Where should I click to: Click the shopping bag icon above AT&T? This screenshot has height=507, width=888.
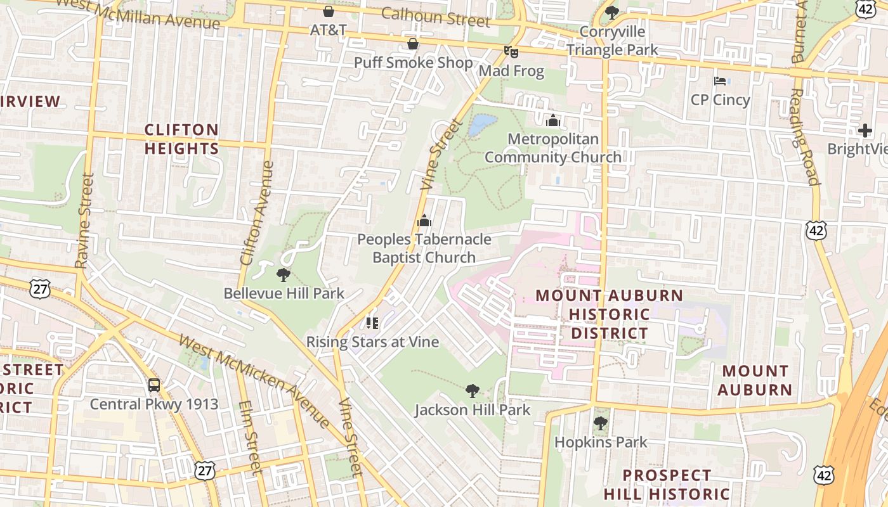329,11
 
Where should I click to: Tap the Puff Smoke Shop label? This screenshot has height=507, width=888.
413,63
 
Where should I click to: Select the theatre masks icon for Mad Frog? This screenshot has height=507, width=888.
511,51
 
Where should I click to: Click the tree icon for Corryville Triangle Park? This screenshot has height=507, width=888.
612,12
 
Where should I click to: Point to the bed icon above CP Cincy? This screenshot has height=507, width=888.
720,80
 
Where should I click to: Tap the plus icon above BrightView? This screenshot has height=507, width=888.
865,131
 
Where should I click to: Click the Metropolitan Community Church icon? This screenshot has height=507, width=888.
553,120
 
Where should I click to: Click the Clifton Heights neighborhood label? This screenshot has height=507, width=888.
181,139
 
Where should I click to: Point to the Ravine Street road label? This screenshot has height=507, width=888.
84,221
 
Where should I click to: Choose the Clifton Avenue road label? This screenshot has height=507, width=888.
257,213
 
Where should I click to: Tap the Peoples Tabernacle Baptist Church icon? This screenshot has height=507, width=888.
424,221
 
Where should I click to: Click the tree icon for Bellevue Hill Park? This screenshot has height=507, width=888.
284,274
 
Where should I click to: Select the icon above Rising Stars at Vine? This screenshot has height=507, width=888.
372,323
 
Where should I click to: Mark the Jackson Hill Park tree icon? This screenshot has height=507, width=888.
472,391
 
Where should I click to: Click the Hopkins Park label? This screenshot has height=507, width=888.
601,442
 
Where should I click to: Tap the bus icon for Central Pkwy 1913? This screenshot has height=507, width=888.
153,385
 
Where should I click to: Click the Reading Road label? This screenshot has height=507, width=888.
804,136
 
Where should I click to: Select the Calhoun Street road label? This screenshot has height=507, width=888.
436,17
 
